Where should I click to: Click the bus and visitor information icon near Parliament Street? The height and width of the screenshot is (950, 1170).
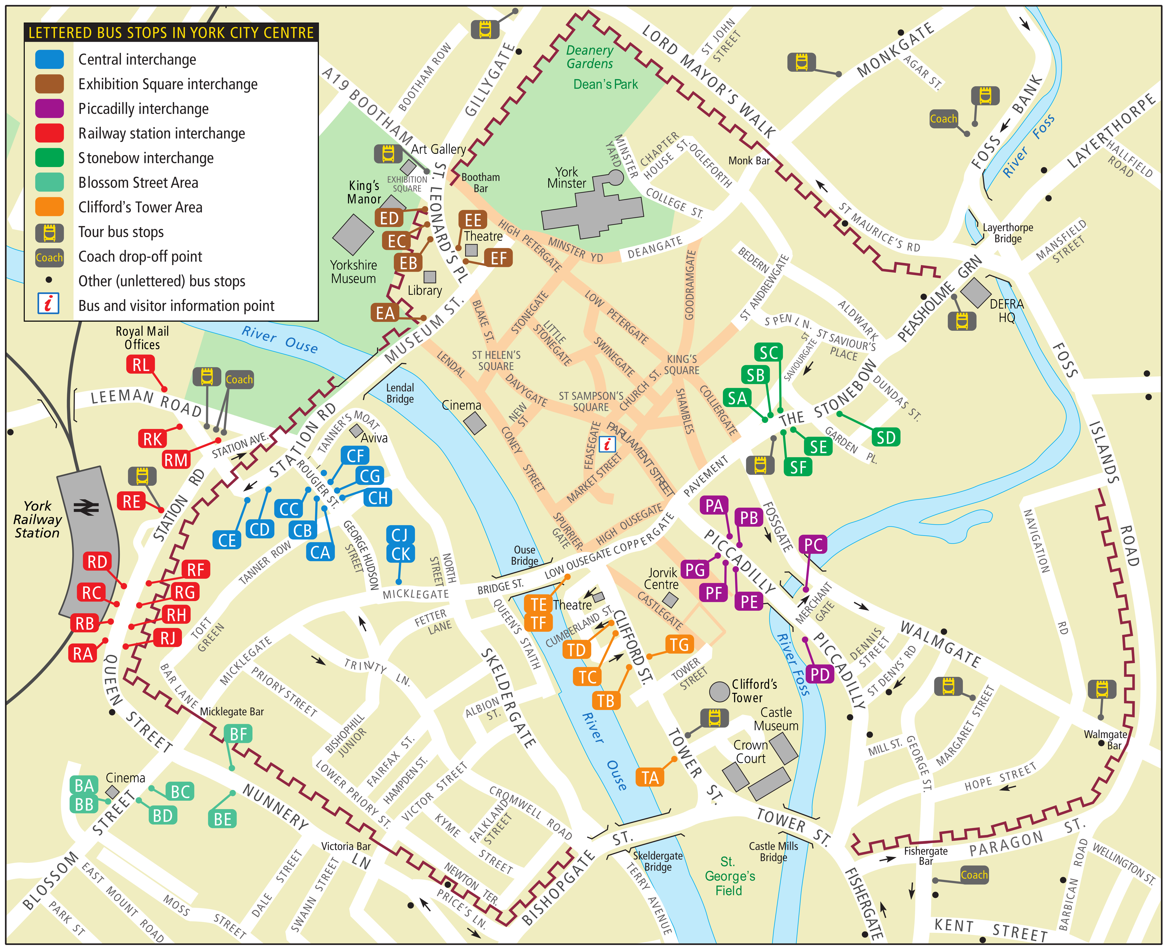coord(607,444)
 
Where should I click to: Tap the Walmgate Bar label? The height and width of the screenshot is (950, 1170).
coord(1105,740)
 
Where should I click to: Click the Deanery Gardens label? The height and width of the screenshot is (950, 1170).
coord(589,57)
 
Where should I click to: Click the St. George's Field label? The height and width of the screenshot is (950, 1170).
coord(729,876)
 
